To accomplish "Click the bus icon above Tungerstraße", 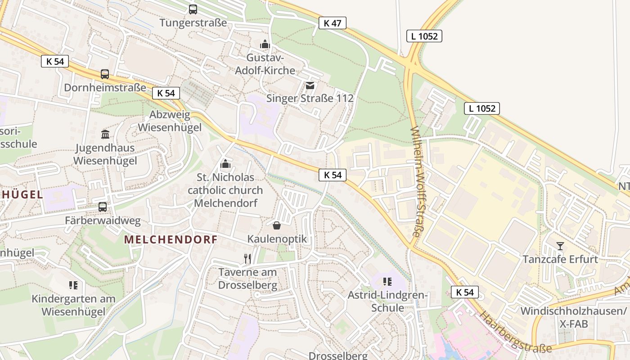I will click(x=193, y=9).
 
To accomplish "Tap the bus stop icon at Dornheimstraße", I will click(x=105, y=74).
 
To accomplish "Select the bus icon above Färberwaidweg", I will click(x=103, y=207).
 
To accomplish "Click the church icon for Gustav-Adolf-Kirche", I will click(x=265, y=44).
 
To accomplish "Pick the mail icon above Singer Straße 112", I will click(x=310, y=85).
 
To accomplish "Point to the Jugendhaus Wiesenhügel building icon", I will click(x=105, y=134).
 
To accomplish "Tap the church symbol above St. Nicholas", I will click(x=225, y=164).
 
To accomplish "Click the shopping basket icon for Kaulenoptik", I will click(x=277, y=225).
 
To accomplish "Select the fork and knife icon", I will click(x=247, y=258).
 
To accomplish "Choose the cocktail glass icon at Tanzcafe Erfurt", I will click(x=560, y=246).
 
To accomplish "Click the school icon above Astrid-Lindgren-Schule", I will click(x=387, y=282).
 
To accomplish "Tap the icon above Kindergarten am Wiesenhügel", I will click(x=73, y=285).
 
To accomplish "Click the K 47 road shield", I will click(x=332, y=23).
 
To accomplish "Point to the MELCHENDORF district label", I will click(x=171, y=239).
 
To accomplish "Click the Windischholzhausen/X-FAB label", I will click(x=573, y=317).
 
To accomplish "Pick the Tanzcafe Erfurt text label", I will click(x=560, y=259).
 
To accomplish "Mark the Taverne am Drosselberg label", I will click(x=247, y=279).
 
